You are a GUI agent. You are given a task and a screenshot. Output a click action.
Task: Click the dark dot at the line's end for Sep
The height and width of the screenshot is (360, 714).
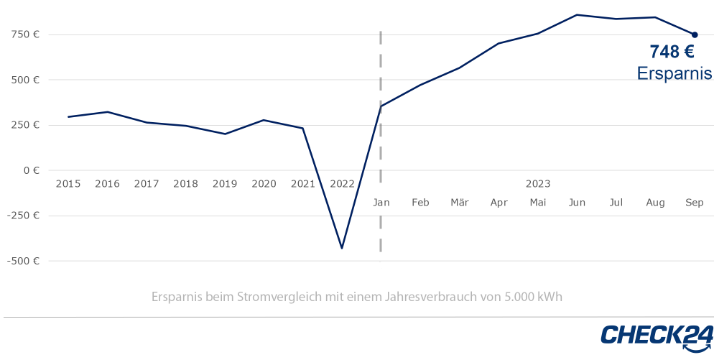[695, 34]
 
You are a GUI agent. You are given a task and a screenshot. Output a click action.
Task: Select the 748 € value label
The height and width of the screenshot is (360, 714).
[672, 52]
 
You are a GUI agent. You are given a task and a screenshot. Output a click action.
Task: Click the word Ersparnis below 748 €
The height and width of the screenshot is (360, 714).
[674, 73]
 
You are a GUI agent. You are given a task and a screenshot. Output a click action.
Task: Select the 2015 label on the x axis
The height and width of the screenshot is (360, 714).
[68, 184]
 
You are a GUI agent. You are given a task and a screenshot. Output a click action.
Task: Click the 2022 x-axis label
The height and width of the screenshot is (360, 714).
[342, 184]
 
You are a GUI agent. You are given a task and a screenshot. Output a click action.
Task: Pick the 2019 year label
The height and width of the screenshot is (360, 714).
[225, 184]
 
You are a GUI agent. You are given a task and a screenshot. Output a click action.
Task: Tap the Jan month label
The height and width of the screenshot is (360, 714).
[381, 203]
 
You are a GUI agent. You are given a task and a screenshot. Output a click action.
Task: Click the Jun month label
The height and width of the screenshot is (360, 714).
[577, 203]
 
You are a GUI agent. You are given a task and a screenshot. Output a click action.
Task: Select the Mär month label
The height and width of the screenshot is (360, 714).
[460, 203]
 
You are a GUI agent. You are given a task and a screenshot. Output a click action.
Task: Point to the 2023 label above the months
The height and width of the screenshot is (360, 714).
[538, 184]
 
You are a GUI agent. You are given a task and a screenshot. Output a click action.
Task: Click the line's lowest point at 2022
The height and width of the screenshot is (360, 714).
[342, 248]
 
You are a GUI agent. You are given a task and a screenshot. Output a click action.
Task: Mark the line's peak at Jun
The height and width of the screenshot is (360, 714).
[577, 14]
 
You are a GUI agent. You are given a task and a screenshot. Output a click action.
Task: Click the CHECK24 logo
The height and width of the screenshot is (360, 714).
[657, 336]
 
